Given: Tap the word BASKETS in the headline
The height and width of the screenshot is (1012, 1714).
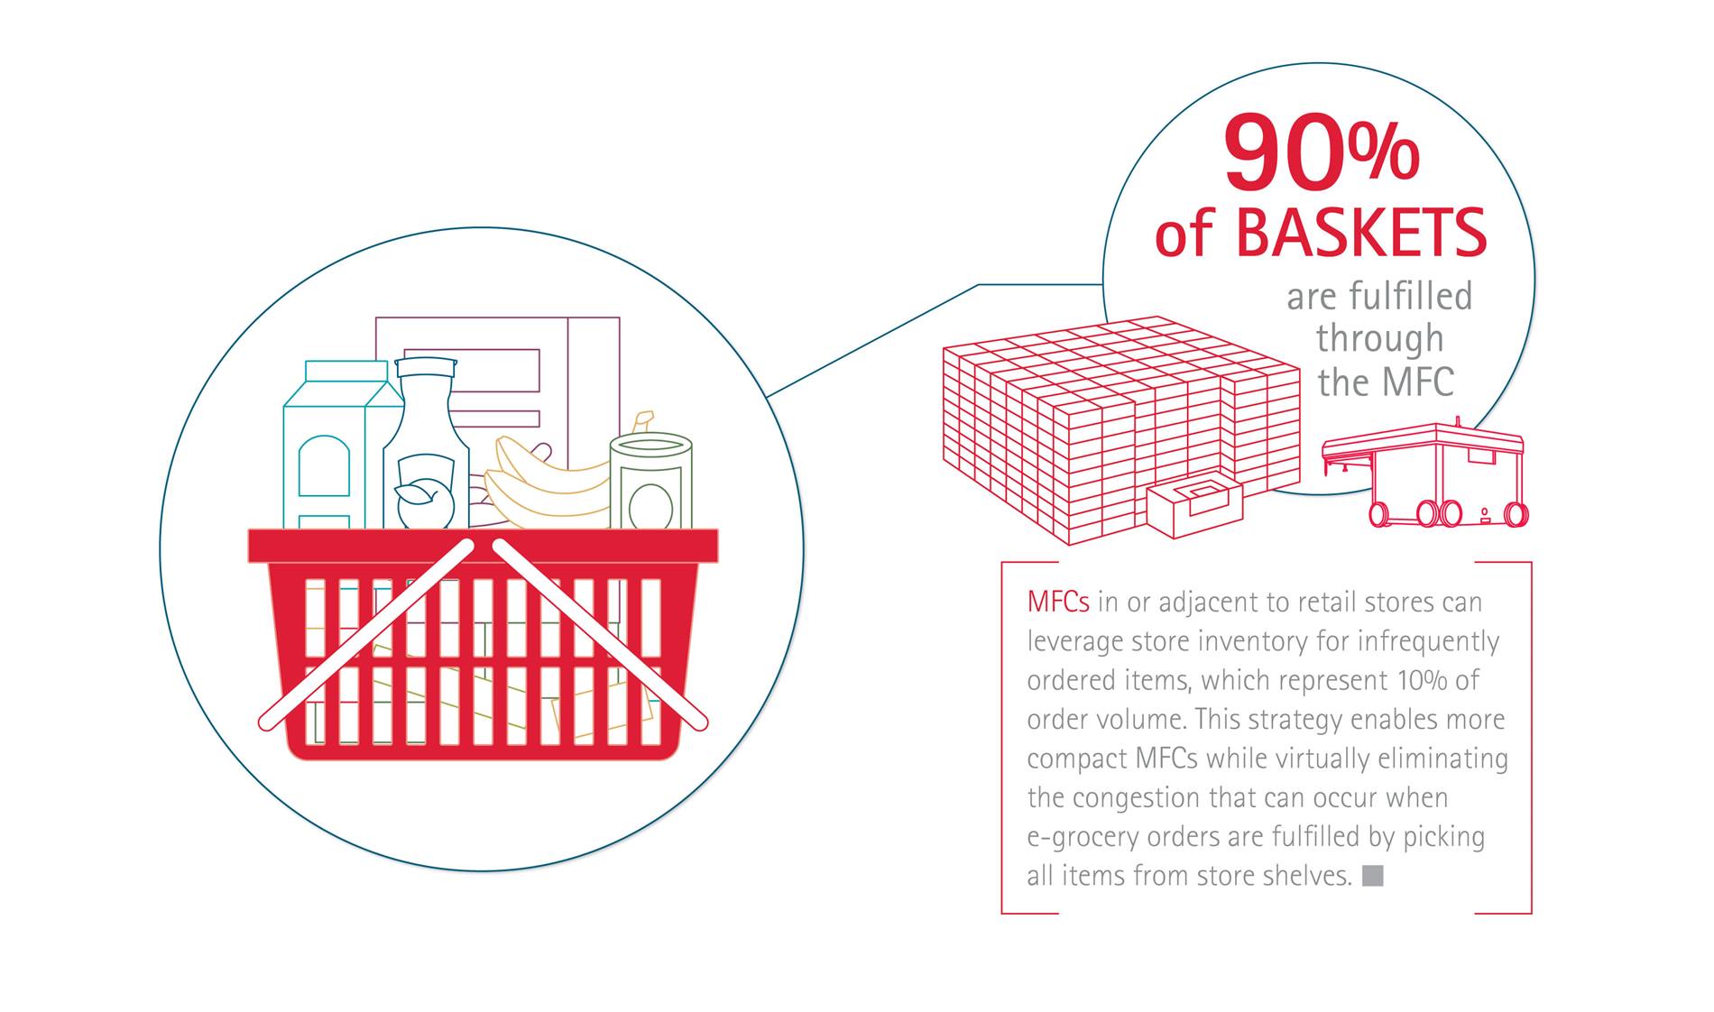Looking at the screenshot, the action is point(1360,232).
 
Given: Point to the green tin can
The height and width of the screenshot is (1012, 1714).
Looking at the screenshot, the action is point(650,482).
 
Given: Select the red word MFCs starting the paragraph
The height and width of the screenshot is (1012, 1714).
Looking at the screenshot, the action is point(1058,602).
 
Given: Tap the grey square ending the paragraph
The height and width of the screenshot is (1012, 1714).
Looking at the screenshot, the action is point(1372,875).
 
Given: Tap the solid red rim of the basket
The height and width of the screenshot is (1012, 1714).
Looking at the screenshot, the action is point(484,546).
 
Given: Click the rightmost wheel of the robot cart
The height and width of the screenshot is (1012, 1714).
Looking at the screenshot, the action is point(1516,514).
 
